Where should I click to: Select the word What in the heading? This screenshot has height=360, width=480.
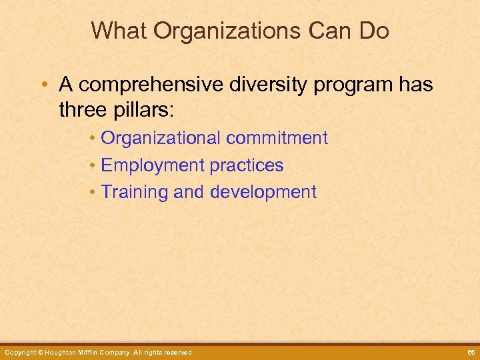pyautogui.click(x=117, y=31)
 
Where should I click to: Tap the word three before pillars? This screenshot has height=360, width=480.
pyautogui.click(x=81, y=110)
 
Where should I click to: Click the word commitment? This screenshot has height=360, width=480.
pyautogui.click(x=277, y=138)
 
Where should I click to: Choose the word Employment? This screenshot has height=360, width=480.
pyautogui.click(x=153, y=165)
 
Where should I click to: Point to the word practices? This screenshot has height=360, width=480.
pyautogui.click(x=247, y=165)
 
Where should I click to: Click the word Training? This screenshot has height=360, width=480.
pyautogui.click(x=134, y=192)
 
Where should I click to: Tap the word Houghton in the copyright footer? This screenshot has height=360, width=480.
pyautogui.click(x=65, y=352)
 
